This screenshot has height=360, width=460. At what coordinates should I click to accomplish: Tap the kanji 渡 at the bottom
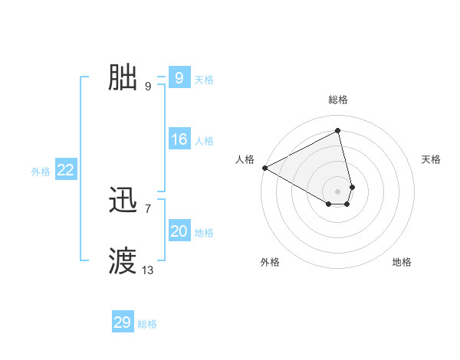[123, 261]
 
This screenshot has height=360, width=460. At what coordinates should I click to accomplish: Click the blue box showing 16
[179, 139]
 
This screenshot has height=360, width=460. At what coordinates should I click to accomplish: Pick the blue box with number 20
[179, 231]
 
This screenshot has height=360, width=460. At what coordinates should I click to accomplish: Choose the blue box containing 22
[66, 171]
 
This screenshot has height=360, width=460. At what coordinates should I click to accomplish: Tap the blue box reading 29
[123, 322]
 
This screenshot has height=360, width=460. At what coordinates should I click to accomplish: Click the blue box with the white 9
[179, 78]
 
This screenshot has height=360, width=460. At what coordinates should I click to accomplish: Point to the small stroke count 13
[148, 270]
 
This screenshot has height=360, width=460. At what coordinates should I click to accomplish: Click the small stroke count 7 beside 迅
[148, 208]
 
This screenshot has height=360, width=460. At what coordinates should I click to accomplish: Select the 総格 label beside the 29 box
[147, 324]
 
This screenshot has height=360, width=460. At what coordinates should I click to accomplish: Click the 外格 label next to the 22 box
[41, 172]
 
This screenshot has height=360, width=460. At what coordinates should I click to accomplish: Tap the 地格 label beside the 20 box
[204, 233]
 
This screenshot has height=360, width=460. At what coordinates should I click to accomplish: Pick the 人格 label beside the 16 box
[204, 141]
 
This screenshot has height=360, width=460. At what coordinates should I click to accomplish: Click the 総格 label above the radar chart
[338, 100]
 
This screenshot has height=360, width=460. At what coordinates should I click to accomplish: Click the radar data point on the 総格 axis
[338, 130]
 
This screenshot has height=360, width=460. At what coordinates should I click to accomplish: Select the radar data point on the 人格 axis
[264, 168]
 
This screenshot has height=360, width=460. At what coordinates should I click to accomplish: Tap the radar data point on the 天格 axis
[352, 187]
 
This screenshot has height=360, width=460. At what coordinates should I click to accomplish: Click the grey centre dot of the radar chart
[338, 191]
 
